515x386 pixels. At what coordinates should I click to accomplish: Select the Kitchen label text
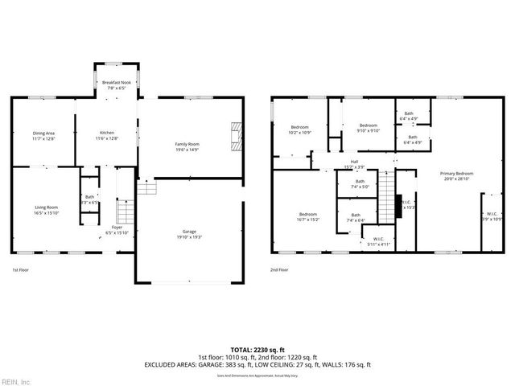point(107,133)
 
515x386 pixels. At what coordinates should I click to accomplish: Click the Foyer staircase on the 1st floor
point(124,213)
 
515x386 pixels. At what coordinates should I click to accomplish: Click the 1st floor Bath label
point(90,197)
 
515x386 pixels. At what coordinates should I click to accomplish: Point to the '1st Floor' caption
point(21,270)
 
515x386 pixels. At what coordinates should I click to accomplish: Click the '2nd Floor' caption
point(279,270)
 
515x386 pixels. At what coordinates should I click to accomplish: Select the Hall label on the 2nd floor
point(354,162)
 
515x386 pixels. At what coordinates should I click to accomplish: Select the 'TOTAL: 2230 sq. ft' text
point(257,349)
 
